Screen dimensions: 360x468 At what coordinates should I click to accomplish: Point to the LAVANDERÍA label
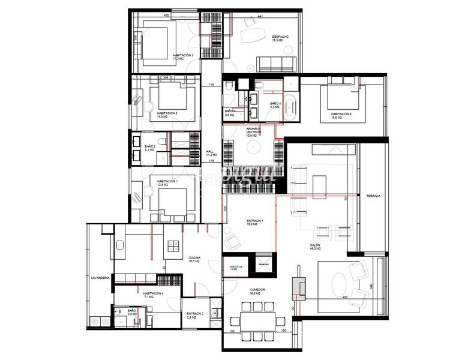tap(100, 279)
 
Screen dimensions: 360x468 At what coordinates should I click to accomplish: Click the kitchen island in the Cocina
tap(173, 246)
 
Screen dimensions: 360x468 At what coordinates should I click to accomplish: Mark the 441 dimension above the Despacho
tap(260, 16)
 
